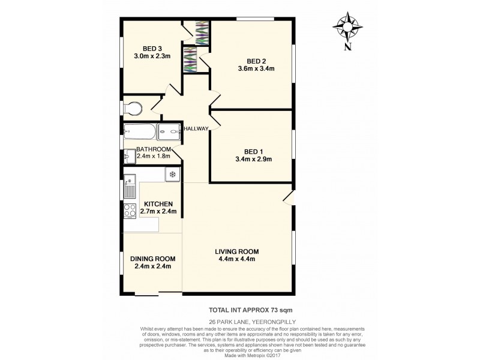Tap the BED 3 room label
152,49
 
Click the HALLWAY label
196,128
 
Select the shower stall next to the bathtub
170,131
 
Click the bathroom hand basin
128,156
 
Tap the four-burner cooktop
130,211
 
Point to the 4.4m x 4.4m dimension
236,259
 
